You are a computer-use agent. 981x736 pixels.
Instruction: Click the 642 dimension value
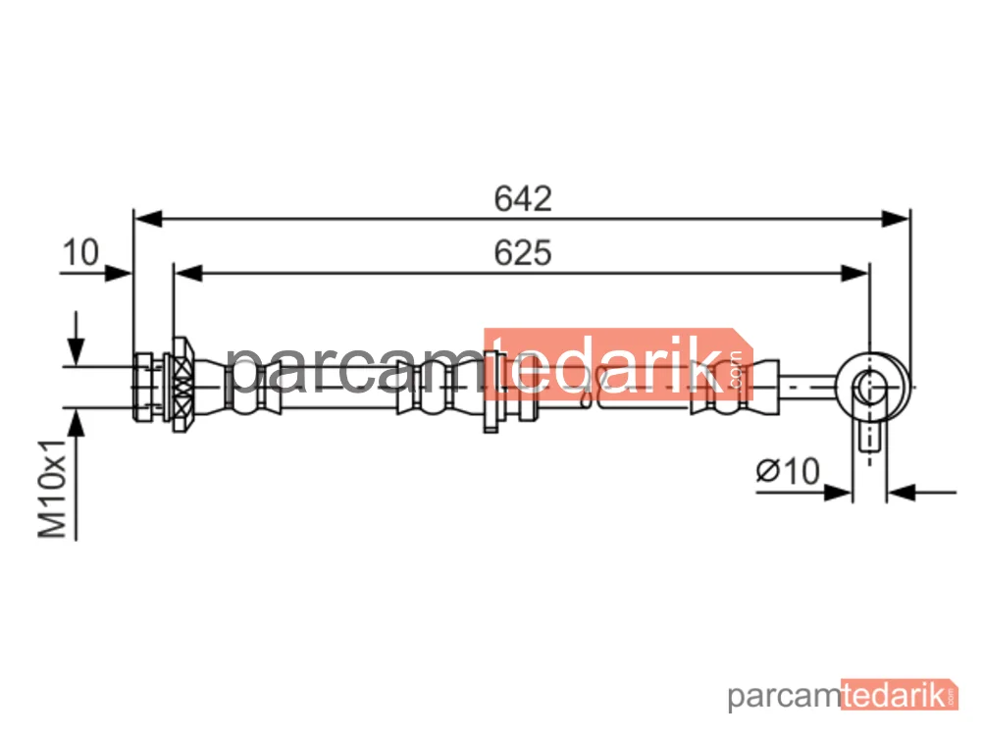pyautogui.click(x=523, y=198)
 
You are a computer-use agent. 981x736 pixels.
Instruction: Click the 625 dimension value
pyautogui.click(x=523, y=253)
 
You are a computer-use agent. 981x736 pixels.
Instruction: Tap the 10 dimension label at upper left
pyautogui.click(x=80, y=253)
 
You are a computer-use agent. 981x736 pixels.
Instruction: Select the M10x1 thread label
pyautogui.click(x=53, y=489)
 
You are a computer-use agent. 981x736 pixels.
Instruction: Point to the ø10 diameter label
pyautogui.click(x=788, y=471)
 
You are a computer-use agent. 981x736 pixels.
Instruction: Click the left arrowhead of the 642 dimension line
pyautogui.click(x=148, y=219)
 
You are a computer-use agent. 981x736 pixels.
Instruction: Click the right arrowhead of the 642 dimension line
pyautogui.click(x=895, y=219)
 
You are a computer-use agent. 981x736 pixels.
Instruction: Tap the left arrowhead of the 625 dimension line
pyautogui.click(x=188, y=274)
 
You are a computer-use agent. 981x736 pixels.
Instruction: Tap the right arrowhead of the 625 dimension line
pyautogui.click(x=854, y=274)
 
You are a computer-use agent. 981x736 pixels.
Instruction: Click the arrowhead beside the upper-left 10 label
pyautogui.click(x=119, y=274)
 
